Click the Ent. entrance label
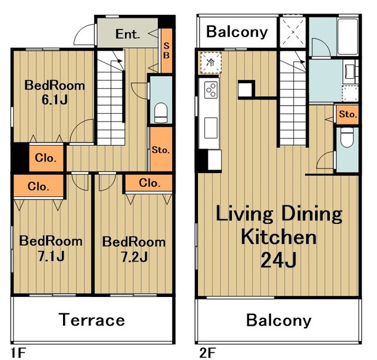(x=127, y=34)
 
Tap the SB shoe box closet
(x=166, y=51)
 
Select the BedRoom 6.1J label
(x=55, y=93)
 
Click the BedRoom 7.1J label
(x=51, y=249)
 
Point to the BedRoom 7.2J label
(x=134, y=249)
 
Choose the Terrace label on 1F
(x=92, y=319)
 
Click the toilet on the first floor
(x=161, y=113)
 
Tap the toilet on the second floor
(x=347, y=137)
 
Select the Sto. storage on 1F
(x=161, y=149)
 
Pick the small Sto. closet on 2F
(x=347, y=114)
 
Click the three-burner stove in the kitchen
(x=211, y=90)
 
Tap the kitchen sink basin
(x=211, y=128)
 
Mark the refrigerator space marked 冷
(x=210, y=63)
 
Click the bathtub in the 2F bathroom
(x=348, y=36)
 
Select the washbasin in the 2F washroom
(x=350, y=71)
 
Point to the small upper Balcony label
(x=237, y=32)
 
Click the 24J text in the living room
(x=278, y=260)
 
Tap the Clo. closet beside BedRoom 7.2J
(x=149, y=183)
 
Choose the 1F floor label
(x=18, y=353)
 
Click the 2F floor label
(x=207, y=353)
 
